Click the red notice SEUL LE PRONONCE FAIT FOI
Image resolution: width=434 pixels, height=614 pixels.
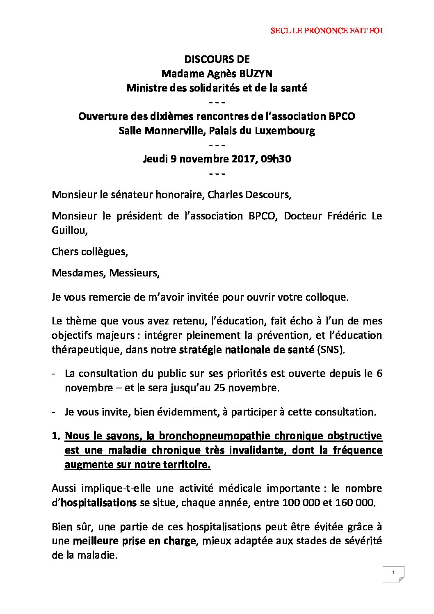327,31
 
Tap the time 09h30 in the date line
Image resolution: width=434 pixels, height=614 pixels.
276,159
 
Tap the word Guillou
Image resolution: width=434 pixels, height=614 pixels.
69,231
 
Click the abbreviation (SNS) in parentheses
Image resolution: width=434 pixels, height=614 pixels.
331,350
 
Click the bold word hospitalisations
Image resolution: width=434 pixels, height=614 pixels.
98,502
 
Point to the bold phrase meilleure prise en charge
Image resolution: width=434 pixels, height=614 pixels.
134,541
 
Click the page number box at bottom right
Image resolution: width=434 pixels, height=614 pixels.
393,574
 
